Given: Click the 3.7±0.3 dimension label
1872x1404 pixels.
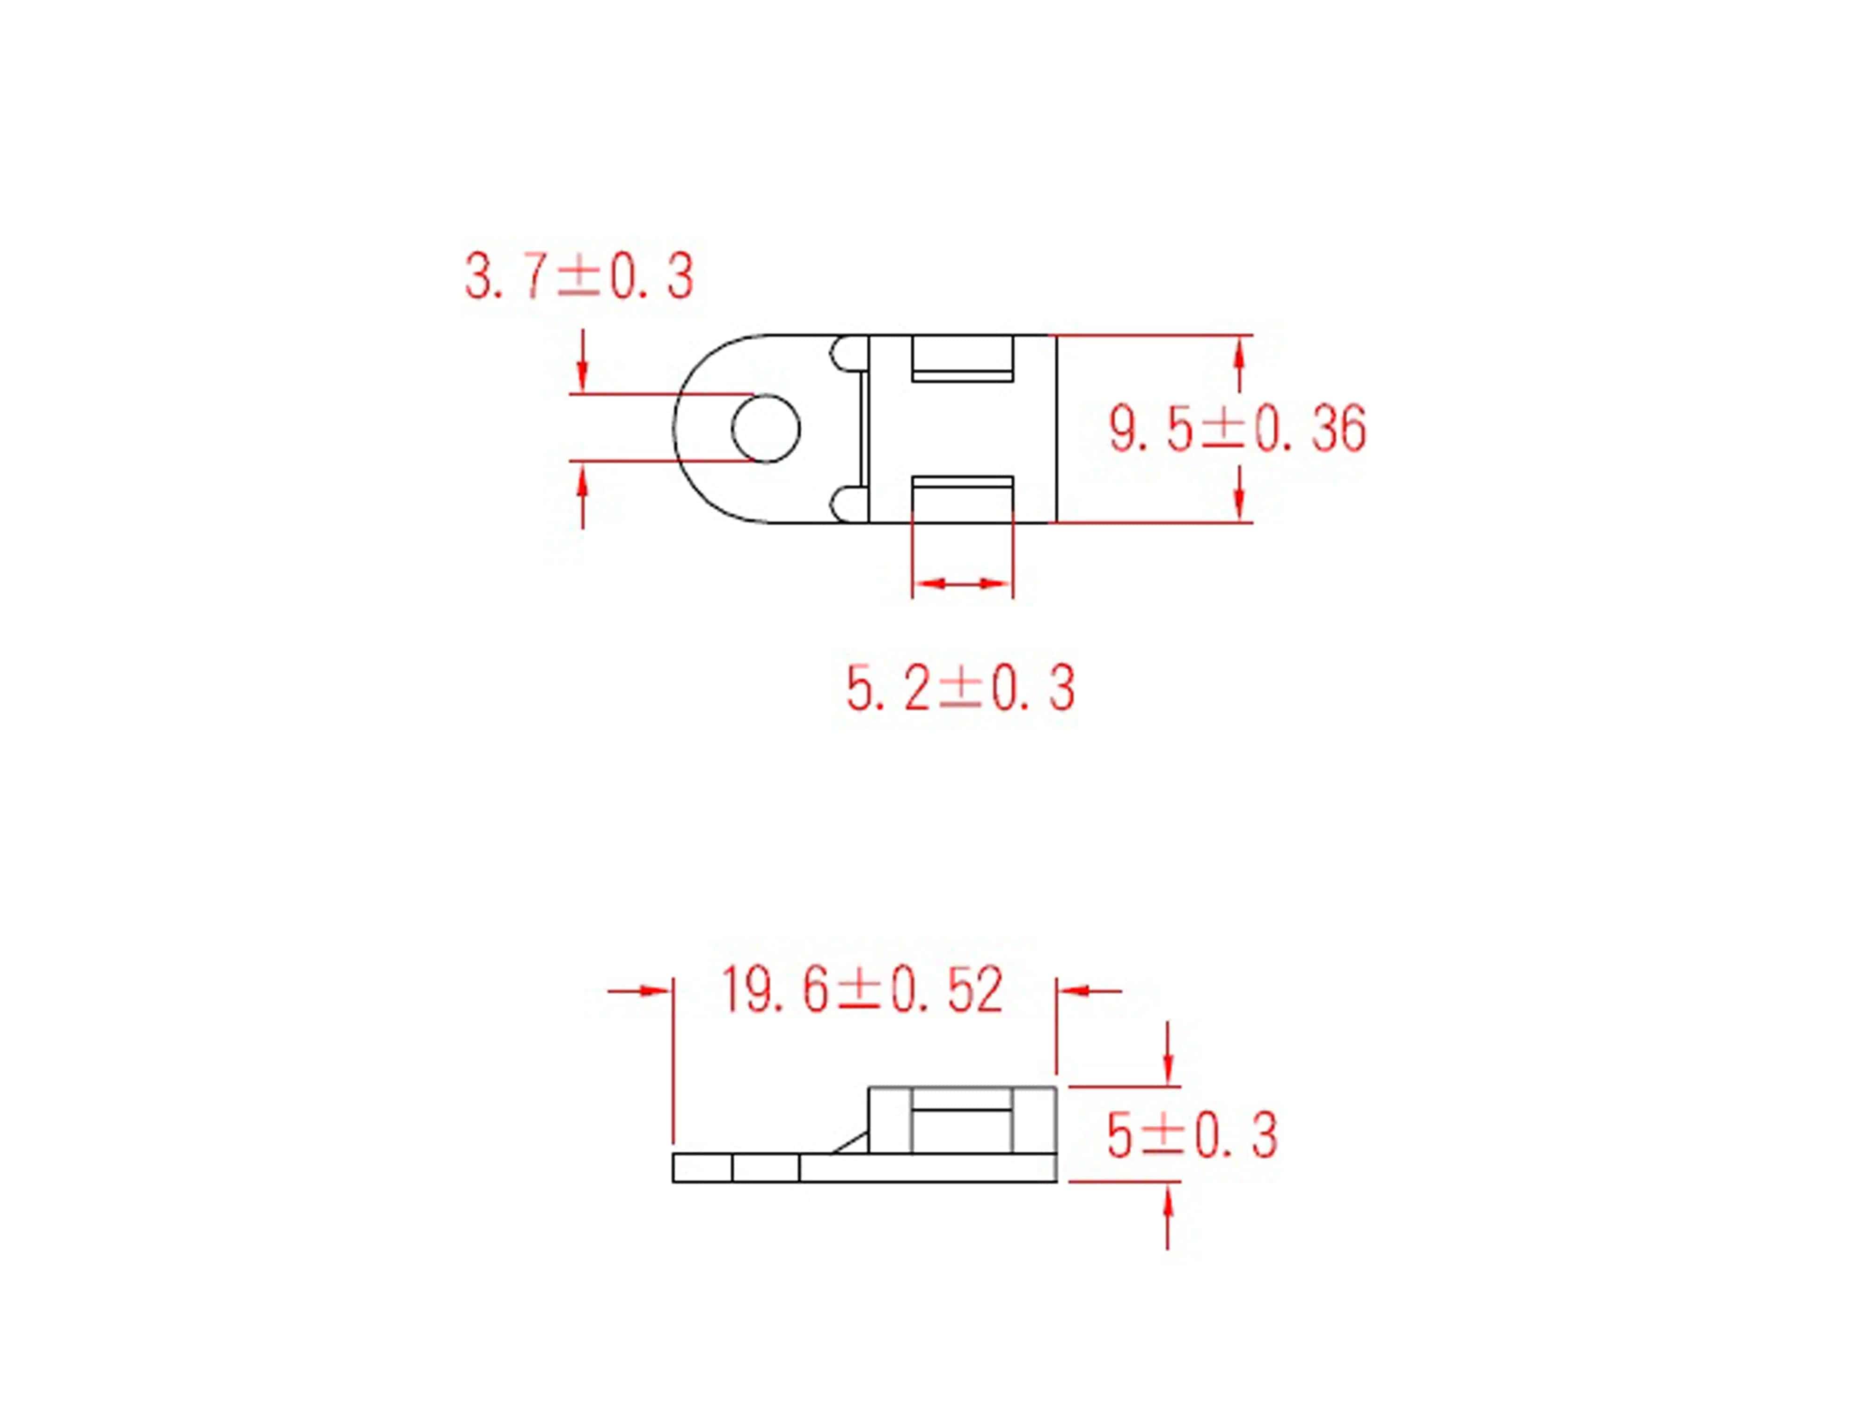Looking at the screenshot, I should pyautogui.click(x=579, y=277).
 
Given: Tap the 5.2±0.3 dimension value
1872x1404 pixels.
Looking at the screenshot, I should pyautogui.click(x=960, y=688).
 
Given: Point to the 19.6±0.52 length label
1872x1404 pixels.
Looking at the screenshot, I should pyautogui.click(x=862, y=990).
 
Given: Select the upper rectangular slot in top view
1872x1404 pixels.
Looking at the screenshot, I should pyautogui.click(x=962, y=358).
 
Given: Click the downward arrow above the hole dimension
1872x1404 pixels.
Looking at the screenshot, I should pyautogui.click(x=582, y=373).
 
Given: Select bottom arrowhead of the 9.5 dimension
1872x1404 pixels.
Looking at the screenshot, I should pyautogui.click(x=1239, y=504).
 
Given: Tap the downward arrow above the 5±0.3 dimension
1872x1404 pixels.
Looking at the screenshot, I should pyautogui.click(x=1168, y=1066).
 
